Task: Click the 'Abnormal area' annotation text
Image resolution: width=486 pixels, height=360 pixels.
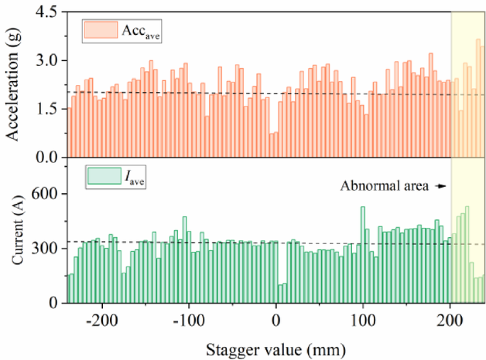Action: click(384, 186)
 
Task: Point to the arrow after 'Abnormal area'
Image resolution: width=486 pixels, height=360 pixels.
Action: click(441, 186)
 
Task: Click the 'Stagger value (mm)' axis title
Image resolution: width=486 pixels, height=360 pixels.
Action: click(275, 349)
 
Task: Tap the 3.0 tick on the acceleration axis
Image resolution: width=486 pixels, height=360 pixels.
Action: click(49, 61)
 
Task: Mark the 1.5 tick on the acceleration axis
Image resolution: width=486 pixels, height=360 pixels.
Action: click(49, 109)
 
